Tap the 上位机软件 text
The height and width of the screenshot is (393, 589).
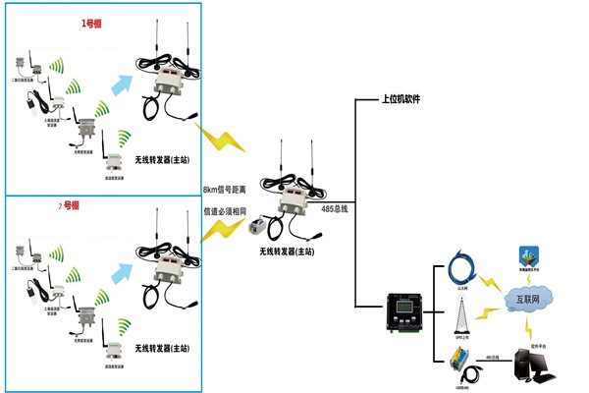tap(405, 101)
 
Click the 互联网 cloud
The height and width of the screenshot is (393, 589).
tap(528, 297)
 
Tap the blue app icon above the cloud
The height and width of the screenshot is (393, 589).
tap(527, 256)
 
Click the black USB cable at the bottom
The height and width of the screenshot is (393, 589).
tap(473, 373)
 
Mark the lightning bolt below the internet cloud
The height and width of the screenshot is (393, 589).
tap(527, 326)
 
